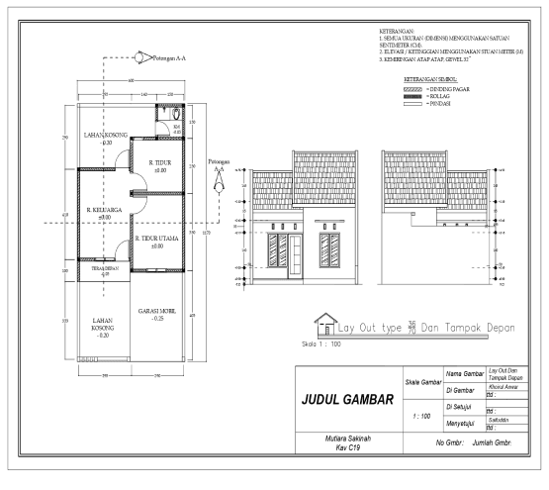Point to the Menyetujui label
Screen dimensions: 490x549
coord(464,424)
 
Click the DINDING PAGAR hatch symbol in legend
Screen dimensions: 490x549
coord(412,88)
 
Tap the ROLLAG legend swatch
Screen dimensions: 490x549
coord(412,96)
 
